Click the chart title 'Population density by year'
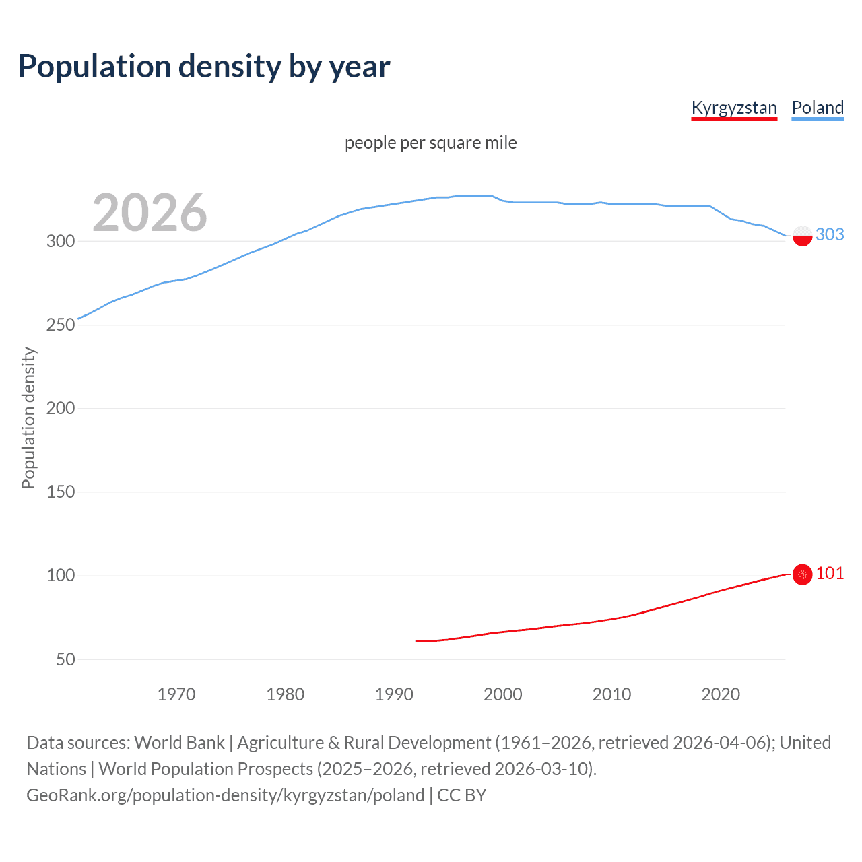(204, 67)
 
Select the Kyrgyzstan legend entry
(734, 108)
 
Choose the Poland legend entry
(818, 108)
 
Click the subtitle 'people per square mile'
(430, 143)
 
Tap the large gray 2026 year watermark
(150, 213)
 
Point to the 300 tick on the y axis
(60, 241)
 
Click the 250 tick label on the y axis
(60, 325)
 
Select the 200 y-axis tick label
(60, 408)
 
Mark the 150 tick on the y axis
(60, 492)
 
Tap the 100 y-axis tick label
(60, 575)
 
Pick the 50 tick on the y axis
(65, 659)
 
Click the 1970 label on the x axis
(176, 694)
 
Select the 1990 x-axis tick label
(394, 694)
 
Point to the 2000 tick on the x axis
(503, 694)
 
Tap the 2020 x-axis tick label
(721, 694)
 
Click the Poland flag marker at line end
(802, 236)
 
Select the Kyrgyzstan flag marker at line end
(802, 574)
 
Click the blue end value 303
(830, 234)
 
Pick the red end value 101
(830, 573)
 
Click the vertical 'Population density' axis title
(28, 418)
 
